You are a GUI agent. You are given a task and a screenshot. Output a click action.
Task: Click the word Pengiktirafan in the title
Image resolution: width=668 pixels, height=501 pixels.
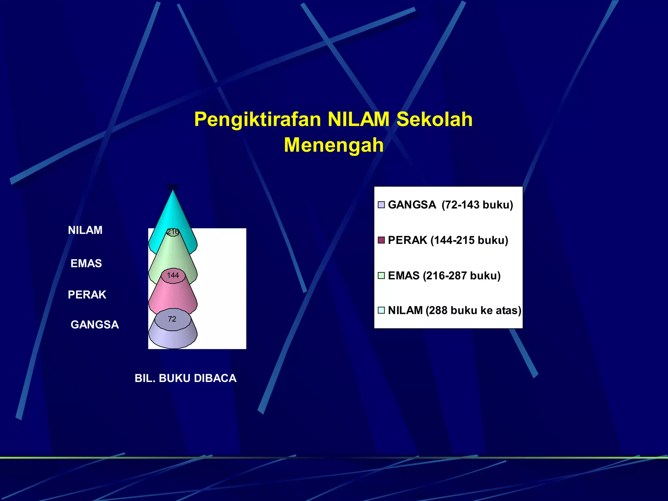[258, 119]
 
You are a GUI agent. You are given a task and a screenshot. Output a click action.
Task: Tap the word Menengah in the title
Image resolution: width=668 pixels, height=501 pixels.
[334, 145]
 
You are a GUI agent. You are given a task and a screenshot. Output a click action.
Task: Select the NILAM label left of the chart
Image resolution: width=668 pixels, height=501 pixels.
[85, 230]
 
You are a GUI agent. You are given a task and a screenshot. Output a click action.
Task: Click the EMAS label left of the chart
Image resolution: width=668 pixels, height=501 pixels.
[86, 264]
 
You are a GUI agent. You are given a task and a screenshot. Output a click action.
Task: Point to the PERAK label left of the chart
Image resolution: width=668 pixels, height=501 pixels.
[87, 295]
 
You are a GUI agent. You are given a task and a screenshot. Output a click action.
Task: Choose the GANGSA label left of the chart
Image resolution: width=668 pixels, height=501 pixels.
[95, 325]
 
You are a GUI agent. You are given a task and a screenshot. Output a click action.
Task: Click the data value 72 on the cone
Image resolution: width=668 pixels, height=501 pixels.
[172, 319]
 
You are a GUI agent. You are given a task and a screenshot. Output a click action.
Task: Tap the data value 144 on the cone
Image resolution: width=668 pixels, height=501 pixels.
[173, 275]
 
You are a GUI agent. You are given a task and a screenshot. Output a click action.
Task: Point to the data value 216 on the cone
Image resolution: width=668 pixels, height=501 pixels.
[173, 232]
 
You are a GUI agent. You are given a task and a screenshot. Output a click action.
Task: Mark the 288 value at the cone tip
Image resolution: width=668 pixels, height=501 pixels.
[172, 187]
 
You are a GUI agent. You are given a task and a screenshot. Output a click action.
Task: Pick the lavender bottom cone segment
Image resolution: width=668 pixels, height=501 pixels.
[173, 339]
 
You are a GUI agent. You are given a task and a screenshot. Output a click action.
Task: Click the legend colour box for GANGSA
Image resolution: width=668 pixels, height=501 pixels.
[381, 205]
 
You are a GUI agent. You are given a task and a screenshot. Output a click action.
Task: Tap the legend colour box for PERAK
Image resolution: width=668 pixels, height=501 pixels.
[381, 240]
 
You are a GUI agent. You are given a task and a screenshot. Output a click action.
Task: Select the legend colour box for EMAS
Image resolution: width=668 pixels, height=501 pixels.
[381, 276]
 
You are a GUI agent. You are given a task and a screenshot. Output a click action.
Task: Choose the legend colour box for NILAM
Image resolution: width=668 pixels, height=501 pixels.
[381, 310]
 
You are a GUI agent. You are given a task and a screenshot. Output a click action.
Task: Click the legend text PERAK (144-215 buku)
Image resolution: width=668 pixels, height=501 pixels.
[448, 240]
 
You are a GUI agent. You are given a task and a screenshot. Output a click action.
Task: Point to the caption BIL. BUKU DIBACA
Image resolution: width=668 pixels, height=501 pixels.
[186, 378]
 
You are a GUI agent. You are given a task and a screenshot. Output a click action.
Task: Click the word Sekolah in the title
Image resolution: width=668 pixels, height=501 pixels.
[434, 119]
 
